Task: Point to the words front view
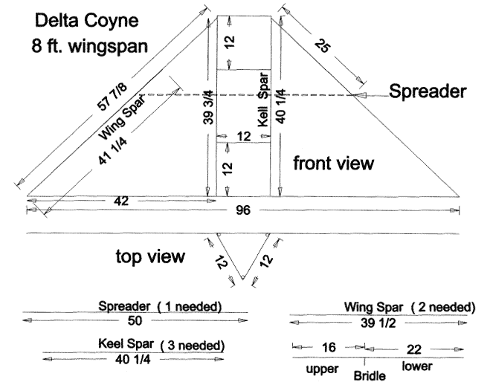click(332, 163)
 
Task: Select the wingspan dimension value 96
click(244, 210)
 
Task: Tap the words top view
click(149, 257)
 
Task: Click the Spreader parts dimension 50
click(135, 320)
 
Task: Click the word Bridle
click(370, 375)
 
